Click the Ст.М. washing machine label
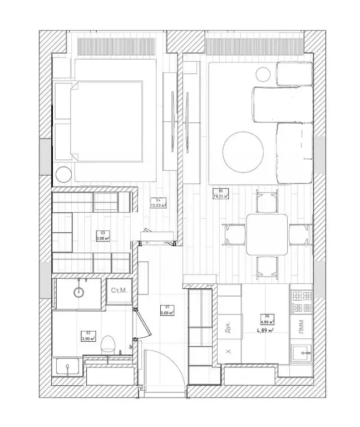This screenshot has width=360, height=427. click(x=119, y=291)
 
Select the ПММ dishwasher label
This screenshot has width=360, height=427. click(x=301, y=327)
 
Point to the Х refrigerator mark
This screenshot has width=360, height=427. click(x=228, y=351)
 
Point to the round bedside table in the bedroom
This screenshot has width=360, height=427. click(x=63, y=174)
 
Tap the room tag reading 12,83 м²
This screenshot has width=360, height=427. click(x=159, y=203)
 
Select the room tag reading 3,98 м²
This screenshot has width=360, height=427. click(x=102, y=236)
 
